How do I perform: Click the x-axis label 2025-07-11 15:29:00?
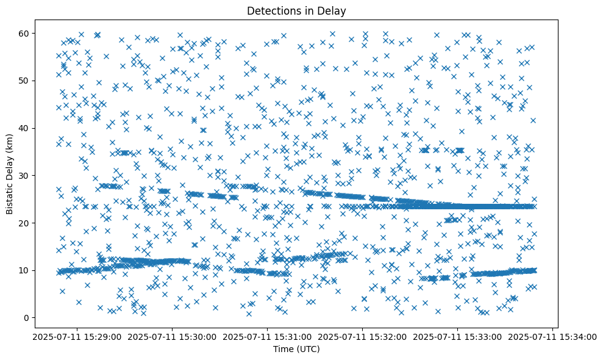[77, 337]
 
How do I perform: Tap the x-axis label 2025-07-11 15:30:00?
[173, 337]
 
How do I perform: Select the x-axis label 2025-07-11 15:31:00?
[268, 337]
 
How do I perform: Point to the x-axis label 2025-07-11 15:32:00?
[363, 337]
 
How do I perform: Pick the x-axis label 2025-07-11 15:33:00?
[458, 337]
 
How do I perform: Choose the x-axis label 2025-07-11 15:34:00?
[552, 337]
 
